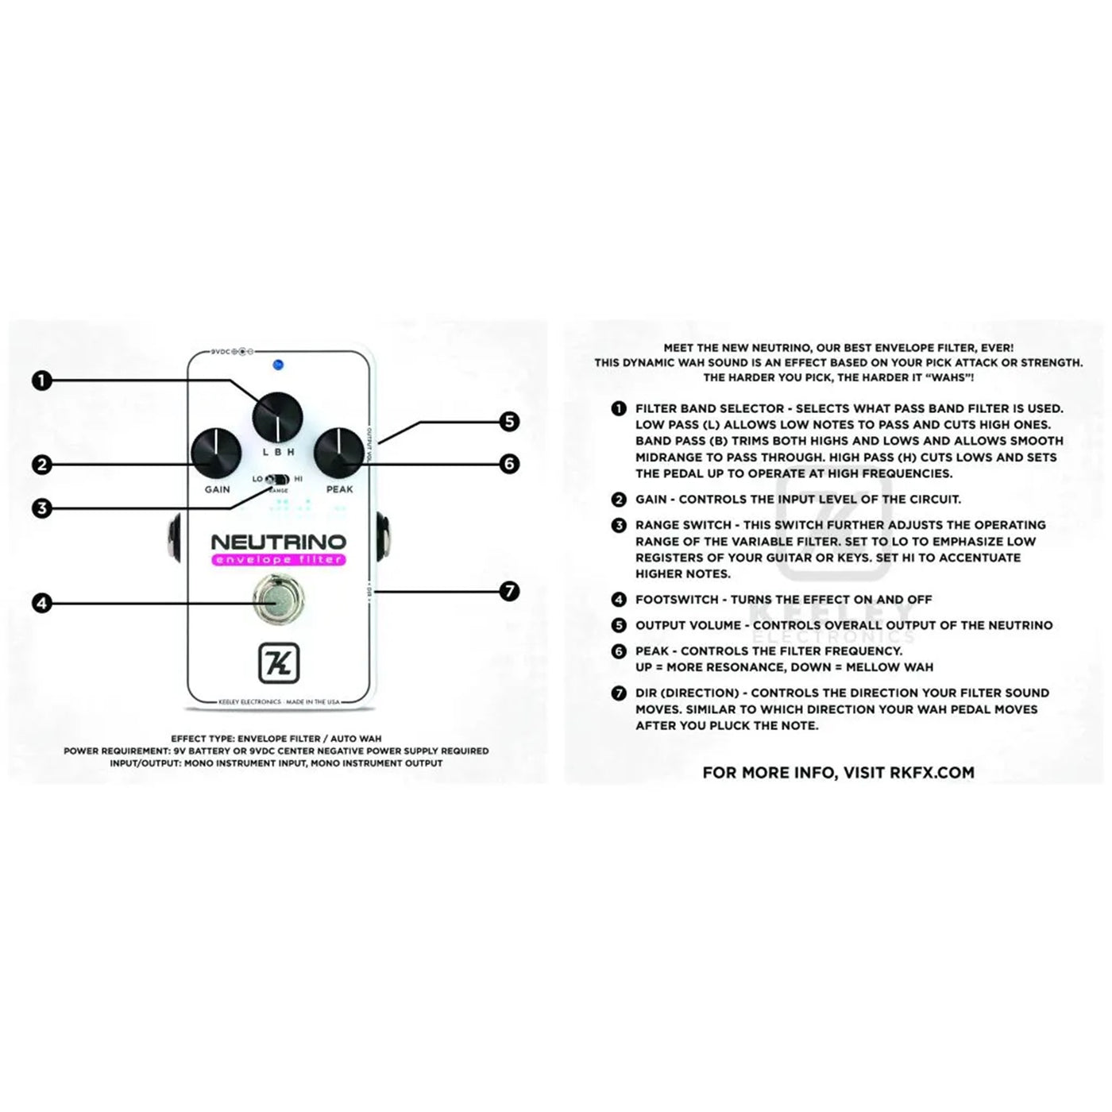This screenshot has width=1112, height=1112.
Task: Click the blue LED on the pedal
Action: click(x=278, y=365)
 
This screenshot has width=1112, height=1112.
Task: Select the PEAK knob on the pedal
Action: click(x=339, y=452)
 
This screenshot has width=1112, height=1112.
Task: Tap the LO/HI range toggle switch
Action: click(x=277, y=480)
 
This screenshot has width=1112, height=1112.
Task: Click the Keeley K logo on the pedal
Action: click(x=279, y=662)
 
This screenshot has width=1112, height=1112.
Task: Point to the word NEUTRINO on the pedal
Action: click(x=279, y=542)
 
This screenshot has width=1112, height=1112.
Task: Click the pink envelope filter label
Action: click(x=279, y=560)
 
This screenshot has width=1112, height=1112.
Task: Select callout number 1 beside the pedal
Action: click(x=41, y=380)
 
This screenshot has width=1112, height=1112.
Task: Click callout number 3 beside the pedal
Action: click(x=41, y=508)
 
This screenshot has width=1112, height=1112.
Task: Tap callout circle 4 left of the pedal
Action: click(x=41, y=603)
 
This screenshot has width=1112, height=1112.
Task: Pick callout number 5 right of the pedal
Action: click(x=509, y=421)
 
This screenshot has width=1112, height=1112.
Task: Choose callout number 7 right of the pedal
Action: click(x=509, y=591)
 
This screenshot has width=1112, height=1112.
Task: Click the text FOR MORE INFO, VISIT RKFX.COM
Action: click(x=838, y=772)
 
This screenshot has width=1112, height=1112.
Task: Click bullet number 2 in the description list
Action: click(x=619, y=500)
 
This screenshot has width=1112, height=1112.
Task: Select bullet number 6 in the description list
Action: click(x=619, y=651)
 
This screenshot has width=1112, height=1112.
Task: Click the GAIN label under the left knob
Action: click(x=217, y=489)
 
